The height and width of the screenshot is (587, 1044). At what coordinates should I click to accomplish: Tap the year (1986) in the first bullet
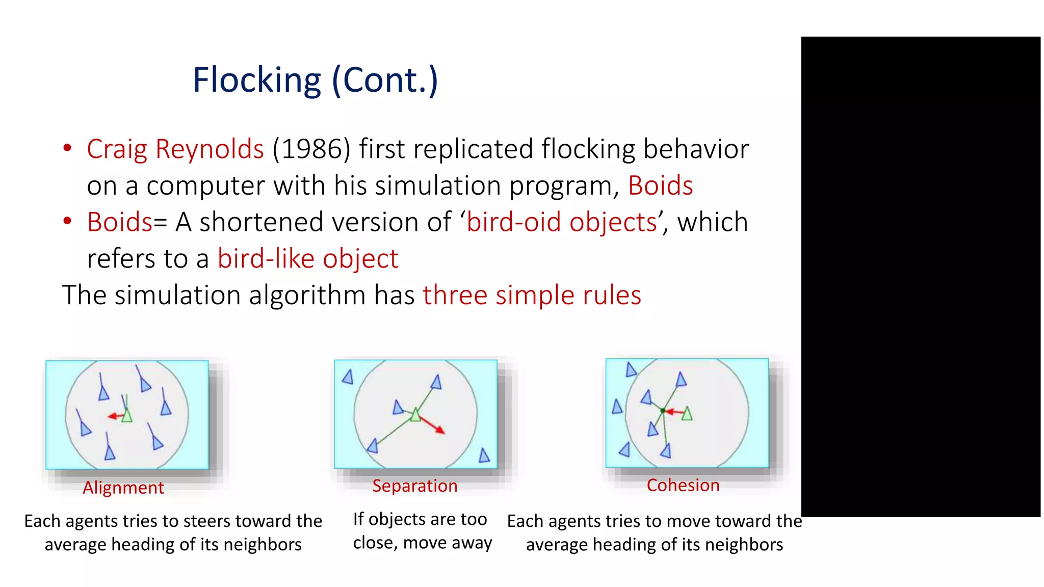(x=311, y=149)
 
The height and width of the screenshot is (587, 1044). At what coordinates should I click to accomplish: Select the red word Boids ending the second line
(x=660, y=185)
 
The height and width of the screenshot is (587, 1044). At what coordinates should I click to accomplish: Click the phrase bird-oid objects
(x=562, y=222)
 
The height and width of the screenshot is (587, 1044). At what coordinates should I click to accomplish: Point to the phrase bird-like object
(x=308, y=259)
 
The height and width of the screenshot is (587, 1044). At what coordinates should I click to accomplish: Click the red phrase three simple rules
(x=532, y=296)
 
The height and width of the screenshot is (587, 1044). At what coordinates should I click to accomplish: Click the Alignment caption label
(x=123, y=488)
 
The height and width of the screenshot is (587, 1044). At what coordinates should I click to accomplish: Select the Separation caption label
(x=414, y=486)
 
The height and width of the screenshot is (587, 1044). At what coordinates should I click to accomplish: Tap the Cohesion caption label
(x=683, y=485)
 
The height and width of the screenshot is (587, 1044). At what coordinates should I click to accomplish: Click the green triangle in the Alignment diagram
(x=127, y=416)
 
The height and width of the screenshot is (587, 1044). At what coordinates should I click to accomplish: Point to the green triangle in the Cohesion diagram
(x=687, y=413)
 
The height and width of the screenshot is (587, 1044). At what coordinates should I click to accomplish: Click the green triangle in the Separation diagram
(x=415, y=415)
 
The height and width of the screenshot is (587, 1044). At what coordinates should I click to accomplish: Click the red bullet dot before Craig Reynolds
(x=67, y=148)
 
